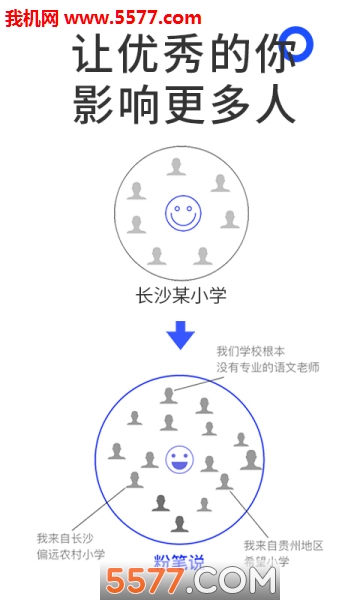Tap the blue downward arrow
181,334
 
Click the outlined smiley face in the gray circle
181,213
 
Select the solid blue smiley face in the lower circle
179,459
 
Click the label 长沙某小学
180,295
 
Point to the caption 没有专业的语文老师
267,368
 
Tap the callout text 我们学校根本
251,352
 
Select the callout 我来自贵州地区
283,545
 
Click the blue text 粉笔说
179,561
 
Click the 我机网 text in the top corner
33,17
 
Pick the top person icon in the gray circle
177,167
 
